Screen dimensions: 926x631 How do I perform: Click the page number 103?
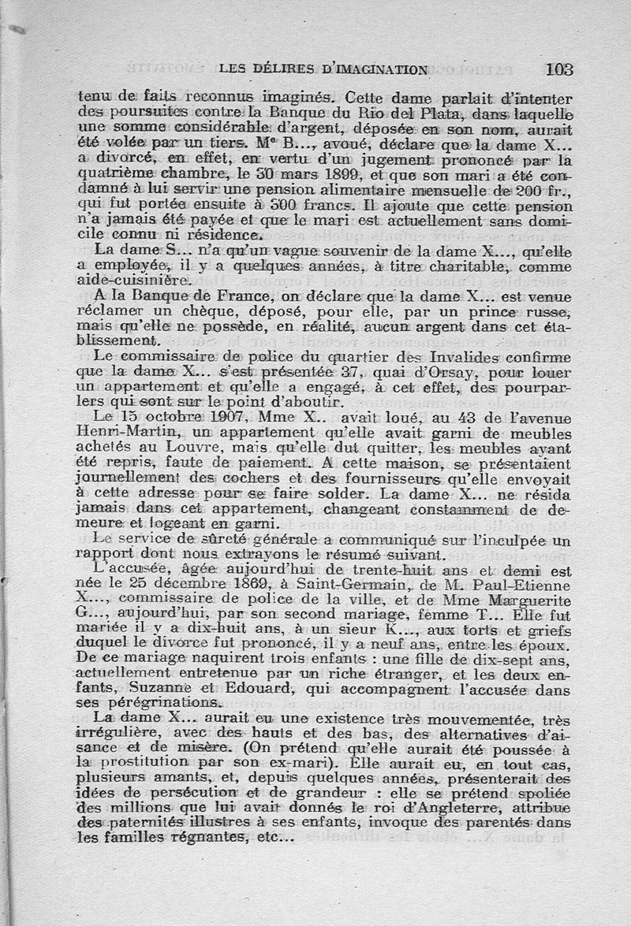tap(558, 69)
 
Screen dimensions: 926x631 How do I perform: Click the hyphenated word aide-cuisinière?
tap(145, 279)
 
